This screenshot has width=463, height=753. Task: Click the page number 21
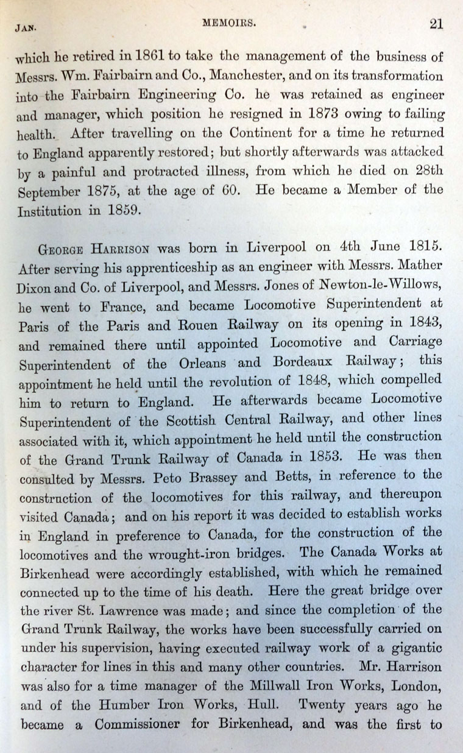436,24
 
